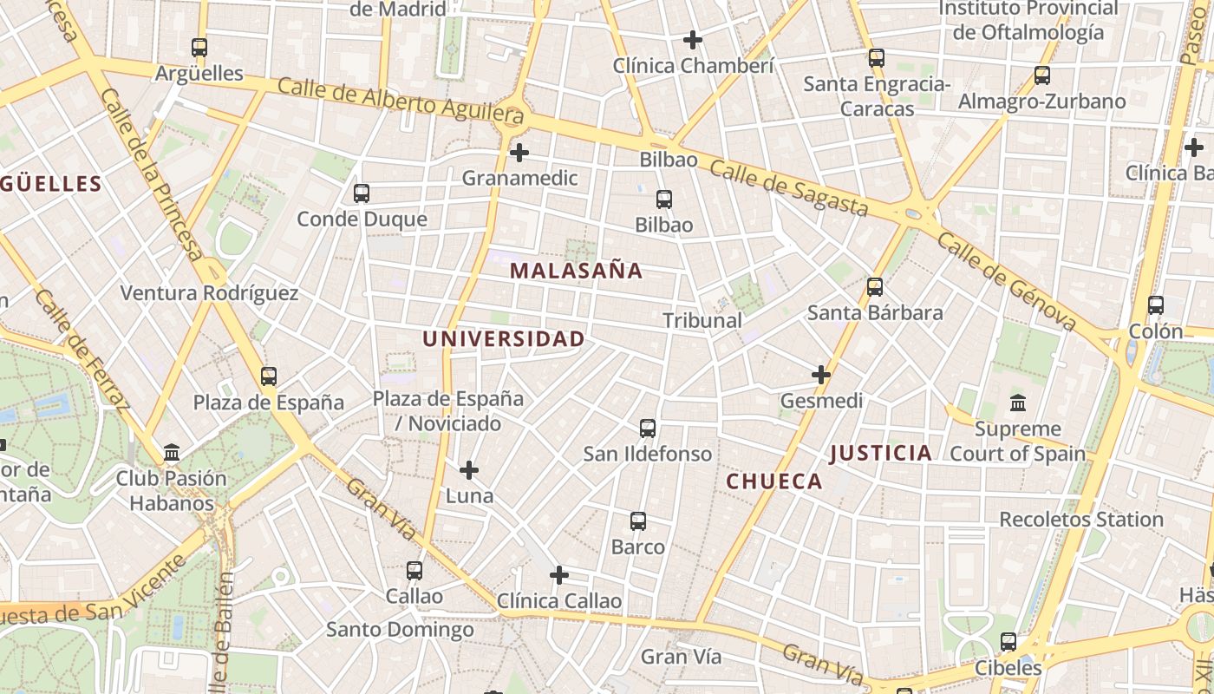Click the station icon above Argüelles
199,48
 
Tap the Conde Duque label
362,219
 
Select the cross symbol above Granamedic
519,153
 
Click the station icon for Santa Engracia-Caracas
877,58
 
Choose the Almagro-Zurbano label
1041,101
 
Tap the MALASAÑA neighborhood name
576,271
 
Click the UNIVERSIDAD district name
503,339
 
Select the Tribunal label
702,320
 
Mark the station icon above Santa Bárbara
875,286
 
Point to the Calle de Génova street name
1006,281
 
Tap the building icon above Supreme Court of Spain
1018,403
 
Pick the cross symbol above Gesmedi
821,375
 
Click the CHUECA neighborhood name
773,481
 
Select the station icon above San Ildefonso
648,428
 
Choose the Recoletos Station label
1080,520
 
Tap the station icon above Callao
414,570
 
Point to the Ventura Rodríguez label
209,293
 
